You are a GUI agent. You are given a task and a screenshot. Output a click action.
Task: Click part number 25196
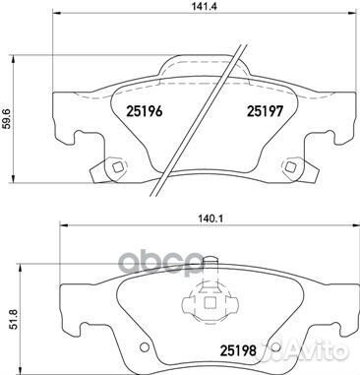(x=143, y=110)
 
